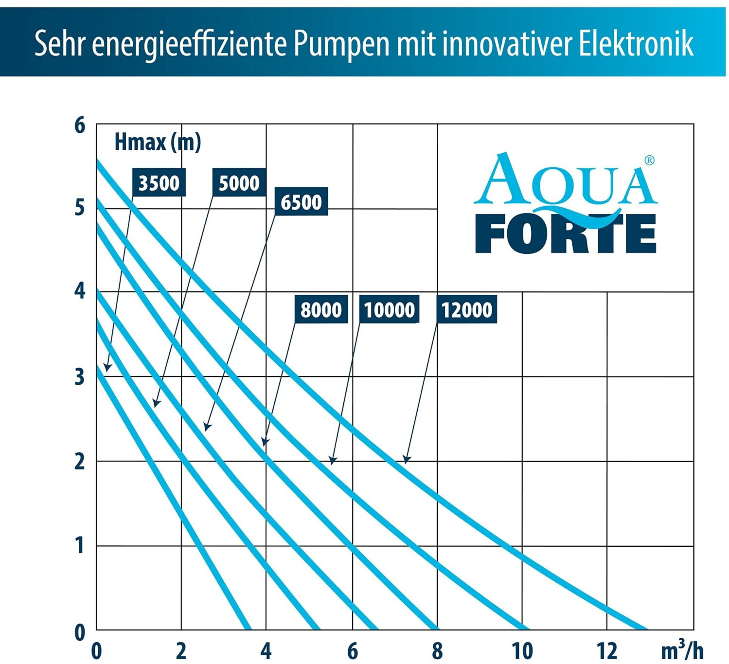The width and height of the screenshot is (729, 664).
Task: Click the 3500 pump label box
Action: [x=159, y=182]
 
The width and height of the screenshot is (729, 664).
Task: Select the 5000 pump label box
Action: [x=239, y=182]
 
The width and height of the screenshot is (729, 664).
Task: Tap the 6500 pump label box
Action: [x=301, y=201]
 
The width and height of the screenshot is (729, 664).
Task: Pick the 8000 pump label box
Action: [x=321, y=309]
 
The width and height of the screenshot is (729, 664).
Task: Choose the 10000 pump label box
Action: [x=389, y=309]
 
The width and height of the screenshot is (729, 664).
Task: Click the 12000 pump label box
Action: [x=466, y=309]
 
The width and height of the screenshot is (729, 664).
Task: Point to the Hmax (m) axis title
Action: [x=158, y=142]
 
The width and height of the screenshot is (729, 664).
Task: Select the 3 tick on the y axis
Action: [x=80, y=377]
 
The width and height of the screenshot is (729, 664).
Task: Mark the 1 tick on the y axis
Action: [x=80, y=546]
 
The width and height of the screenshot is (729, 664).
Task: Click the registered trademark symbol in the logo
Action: [x=649, y=161]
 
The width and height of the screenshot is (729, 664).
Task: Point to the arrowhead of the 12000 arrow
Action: [x=407, y=459]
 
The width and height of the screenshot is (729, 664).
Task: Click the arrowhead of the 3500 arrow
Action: [x=107, y=368]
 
